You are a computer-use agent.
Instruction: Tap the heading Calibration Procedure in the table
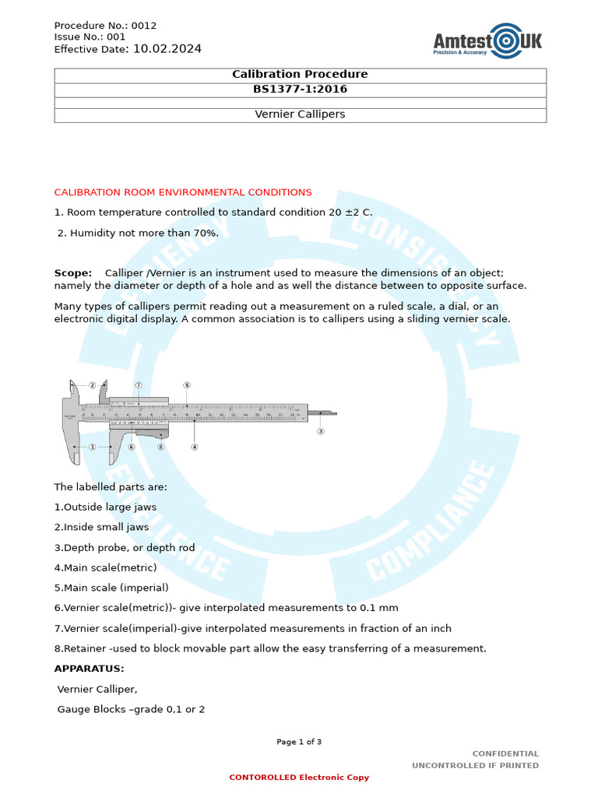[300, 75]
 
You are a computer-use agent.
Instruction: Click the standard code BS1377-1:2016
[300, 90]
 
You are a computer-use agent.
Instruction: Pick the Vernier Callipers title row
[300, 114]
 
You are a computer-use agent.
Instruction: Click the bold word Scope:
[72, 273]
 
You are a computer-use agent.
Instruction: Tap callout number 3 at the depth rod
[320, 430]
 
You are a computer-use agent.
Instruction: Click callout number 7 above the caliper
[138, 385]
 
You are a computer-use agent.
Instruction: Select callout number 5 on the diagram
[187, 385]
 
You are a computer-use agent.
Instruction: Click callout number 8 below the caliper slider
[160, 447]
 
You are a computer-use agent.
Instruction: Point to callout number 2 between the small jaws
[92, 385]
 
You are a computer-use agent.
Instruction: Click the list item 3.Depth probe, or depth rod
[125, 548]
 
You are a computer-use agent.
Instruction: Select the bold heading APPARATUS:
[89, 669]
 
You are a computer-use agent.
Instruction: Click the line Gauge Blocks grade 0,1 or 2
[131, 709]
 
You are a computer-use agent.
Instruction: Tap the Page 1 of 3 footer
[299, 742]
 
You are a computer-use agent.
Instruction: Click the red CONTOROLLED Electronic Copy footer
[299, 778]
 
